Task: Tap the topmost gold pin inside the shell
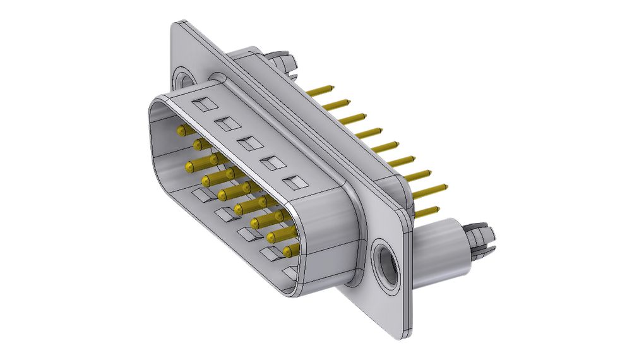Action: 182,131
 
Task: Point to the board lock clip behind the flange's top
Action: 283,61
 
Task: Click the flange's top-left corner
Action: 176,25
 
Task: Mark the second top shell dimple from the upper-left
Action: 226,123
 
